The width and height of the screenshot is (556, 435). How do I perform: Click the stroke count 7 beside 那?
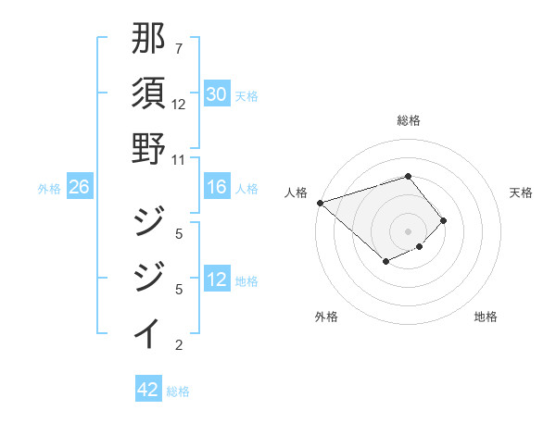click(179, 48)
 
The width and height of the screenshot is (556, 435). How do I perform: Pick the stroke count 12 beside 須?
click(179, 104)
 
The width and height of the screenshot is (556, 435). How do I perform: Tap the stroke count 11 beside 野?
click(179, 159)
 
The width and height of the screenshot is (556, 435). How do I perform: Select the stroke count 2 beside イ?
click(179, 346)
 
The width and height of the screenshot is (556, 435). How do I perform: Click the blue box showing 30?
click(217, 94)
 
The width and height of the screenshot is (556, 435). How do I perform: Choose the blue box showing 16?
click(217, 188)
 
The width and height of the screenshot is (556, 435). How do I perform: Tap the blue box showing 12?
click(217, 280)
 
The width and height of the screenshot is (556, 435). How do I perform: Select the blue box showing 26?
click(79, 188)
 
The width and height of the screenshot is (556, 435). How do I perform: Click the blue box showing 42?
click(148, 390)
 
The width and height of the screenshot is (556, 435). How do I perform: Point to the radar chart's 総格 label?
click(408, 120)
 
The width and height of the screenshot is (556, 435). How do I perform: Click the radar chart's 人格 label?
click(297, 192)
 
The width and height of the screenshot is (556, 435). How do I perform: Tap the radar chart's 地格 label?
click(486, 317)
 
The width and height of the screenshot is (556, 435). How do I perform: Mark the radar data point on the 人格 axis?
click(320, 203)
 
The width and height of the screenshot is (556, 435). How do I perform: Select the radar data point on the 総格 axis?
click(408, 176)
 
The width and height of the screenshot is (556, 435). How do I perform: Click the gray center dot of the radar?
click(408, 231)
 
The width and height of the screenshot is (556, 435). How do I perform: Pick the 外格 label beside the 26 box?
click(49, 189)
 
